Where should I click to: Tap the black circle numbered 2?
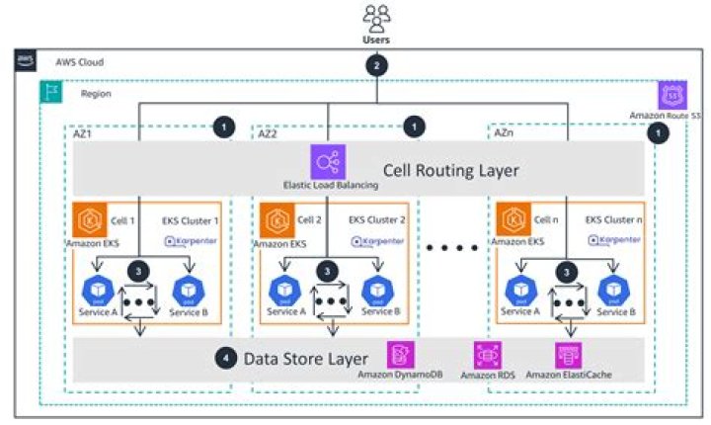click(374, 66)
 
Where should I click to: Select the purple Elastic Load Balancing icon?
click(327, 161)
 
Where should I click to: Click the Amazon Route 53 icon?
click(671, 96)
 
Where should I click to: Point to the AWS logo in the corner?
click(26, 61)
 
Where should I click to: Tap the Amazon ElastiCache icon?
click(568, 355)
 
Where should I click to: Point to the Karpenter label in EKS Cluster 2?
click(376, 240)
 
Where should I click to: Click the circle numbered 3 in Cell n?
click(566, 270)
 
